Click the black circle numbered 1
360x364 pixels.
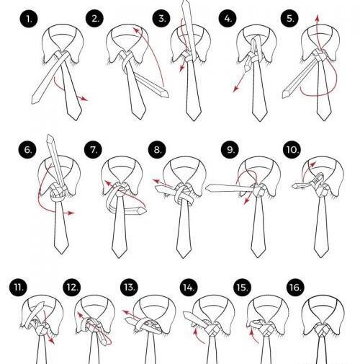[29, 19]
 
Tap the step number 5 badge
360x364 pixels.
[290, 18]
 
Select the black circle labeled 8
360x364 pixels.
[157, 149]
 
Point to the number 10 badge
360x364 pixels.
[292, 149]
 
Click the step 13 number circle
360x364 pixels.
[130, 288]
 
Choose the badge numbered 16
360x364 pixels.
[295, 288]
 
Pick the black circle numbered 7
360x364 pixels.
[94, 149]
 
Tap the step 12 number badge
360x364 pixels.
[72, 288]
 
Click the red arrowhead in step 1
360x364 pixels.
[84, 99]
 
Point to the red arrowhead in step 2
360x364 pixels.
[136, 30]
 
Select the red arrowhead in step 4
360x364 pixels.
[236, 89]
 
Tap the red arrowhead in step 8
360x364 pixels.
[156, 181]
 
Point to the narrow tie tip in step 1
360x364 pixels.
[33, 102]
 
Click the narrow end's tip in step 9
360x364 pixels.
[207, 188]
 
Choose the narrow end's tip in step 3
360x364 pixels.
[186, 1]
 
